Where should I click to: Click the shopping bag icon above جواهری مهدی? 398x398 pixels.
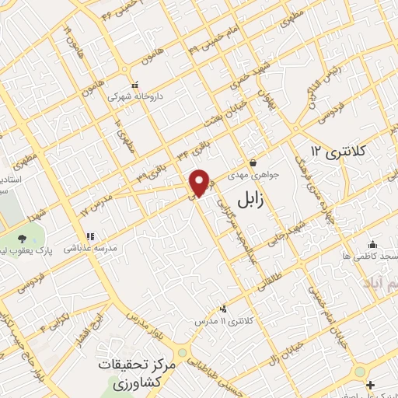[253, 162]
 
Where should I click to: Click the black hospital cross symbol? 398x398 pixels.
[371, 384]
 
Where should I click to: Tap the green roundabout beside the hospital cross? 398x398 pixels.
[360, 372]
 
